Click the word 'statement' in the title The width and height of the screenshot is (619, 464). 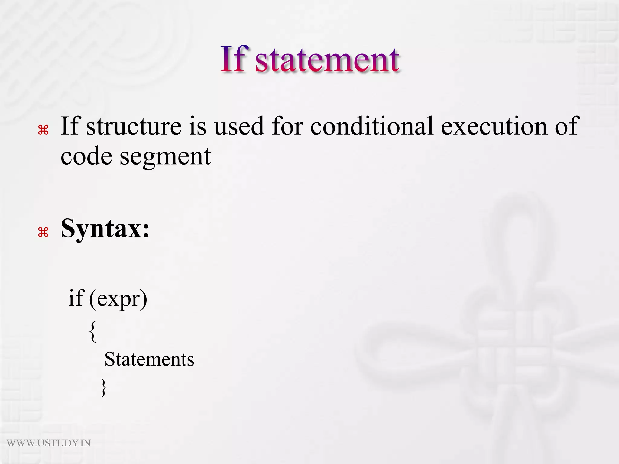(327, 60)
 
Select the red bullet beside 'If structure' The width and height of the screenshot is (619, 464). (43, 130)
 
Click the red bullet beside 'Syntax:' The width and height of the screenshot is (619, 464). (43, 232)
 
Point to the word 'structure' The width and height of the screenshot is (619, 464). (134, 126)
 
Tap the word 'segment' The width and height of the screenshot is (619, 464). (165, 157)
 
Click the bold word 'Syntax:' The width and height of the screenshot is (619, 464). (105, 229)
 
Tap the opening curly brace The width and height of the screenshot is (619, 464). (93, 331)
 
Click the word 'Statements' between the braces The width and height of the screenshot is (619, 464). (149, 359)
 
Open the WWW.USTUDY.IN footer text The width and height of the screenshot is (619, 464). (49, 443)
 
